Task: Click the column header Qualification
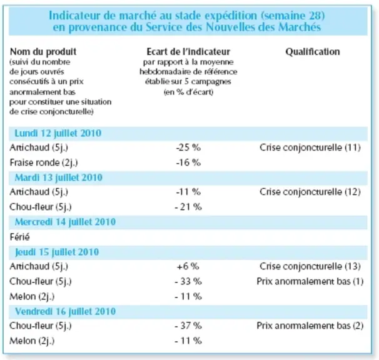313,52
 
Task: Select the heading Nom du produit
43,52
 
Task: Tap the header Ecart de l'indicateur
188,52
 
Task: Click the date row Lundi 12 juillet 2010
58,133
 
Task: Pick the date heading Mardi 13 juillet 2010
59,178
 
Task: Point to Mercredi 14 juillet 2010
65,222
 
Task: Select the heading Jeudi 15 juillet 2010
57,252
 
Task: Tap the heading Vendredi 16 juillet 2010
65,312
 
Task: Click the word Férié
19,237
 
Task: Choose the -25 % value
188,147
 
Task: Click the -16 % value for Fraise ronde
188,162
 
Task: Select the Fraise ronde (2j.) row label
44,163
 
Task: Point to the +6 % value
188,266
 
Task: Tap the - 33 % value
188,281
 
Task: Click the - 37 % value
188,326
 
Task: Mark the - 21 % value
188,207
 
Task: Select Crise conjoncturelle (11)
310,147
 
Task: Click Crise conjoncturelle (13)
310,266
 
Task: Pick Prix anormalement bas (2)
310,326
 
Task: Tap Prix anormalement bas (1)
310,281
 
